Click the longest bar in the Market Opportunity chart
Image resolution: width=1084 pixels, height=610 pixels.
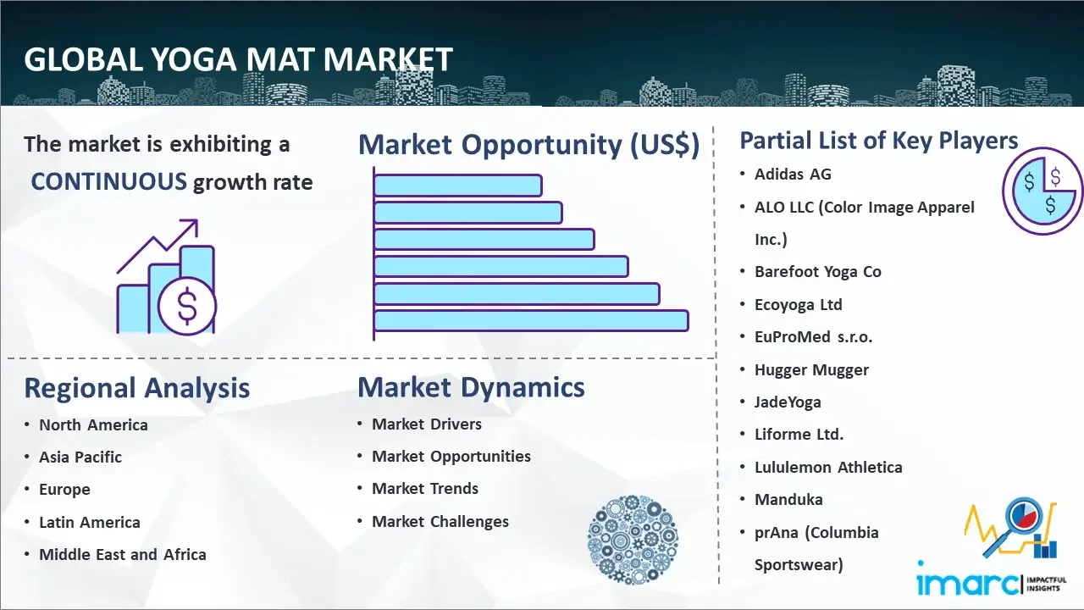pyautogui.click(x=531, y=321)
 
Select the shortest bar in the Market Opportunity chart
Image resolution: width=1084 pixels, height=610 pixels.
pyautogui.click(x=458, y=186)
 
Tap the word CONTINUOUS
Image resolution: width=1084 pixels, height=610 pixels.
pyautogui.click(x=109, y=181)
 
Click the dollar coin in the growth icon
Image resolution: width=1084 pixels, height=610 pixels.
pyautogui.click(x=187, y=307)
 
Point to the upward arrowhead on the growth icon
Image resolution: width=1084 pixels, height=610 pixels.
pyautogui.click(x=191, y=226)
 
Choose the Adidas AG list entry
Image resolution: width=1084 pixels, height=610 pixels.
pyautogui.click(x=793, y=175)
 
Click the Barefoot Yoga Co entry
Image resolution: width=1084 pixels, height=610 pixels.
pyautogui.click(x=818, y=272)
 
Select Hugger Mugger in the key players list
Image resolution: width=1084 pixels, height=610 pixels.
pyautogui.click(x=811, y=370)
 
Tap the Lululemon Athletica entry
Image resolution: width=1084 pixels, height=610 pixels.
pyautogui.click(x=828, y=467)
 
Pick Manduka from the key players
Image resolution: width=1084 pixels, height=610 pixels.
pyautogui.click(x=788, y=500)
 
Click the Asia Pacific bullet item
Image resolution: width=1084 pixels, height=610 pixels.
pyautogui.click(x=80, y=457)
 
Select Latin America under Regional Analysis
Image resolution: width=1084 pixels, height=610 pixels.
pyautogui.click(x=90, y=523)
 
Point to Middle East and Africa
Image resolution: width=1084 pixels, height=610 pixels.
pyautogui.click(x=123, y=554)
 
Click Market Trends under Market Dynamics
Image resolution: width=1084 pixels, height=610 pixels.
pyautogui.click(x=425, y=489)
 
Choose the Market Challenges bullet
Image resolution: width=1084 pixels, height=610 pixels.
pyautogui.click(x=440, y=521)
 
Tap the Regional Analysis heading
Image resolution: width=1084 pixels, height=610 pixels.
pyautogui.click(x=137, y=388)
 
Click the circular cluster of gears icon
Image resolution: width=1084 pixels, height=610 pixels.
pyautogui.click(x=633, y=539)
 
